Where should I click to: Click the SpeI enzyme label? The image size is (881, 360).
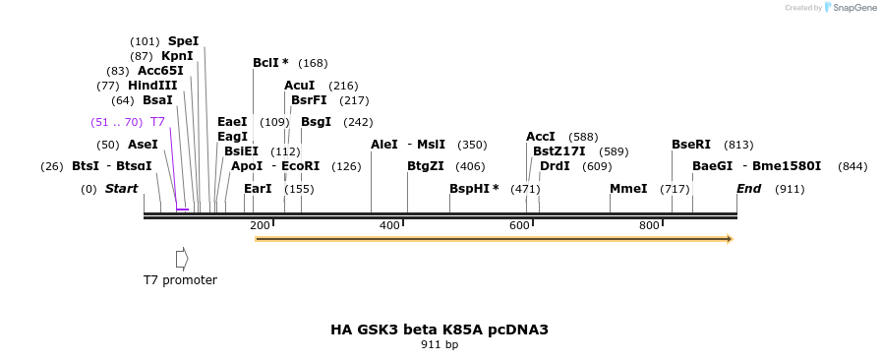pyautogui.click(x=183, y=41)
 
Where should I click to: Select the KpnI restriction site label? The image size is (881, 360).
pyautogui.click(x=177, y=56)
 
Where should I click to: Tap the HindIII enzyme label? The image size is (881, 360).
pyautogui.click(x=152, y=86)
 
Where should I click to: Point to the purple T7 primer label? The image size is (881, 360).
pyautogui.click(x=157, y=122)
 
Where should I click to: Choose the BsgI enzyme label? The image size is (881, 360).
pyautogui.click(x=316, y=122)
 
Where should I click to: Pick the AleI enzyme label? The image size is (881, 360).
pyautogui.click(x=384, y=145)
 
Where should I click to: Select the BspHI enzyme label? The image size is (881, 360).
pyautogui.click(x=469, y=189)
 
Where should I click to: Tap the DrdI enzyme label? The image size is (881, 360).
pyautogui.click(x=555, y=166)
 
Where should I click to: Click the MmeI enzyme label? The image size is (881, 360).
pyautogui.click(x=628, y=189)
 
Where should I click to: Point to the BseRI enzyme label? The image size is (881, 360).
pyautogui.click(x=691, y=145)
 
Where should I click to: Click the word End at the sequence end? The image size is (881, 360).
pyautogui.click(x=749, y=189)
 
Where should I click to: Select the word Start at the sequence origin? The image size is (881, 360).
pyautogui.click(x=122, y=189)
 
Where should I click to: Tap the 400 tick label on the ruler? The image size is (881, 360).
pyautogui.click(x=389, y=226)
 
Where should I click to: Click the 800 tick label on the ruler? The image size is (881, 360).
pyautogui.click(x=649, y=226)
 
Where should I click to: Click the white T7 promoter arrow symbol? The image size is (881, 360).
pyautogui.click(x=182, y=258)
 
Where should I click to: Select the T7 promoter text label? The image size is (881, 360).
pyautogui.click(x=180, y=280)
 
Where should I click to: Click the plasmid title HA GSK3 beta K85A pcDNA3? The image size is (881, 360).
pyautogui.click(x=440, y=330)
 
